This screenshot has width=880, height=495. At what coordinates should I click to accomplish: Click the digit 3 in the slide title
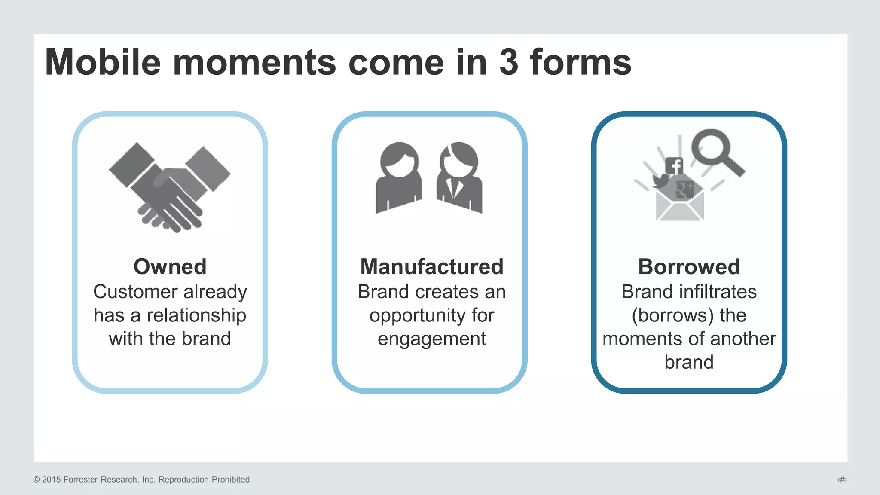pos(509,62)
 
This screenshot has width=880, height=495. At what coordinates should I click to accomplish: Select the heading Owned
pos(170,266)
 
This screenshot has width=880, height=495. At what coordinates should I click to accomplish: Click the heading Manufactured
pos(432,266)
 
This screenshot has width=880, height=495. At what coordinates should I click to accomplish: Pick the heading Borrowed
pos(689,266)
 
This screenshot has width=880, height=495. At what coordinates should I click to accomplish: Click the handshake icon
pos(170,187)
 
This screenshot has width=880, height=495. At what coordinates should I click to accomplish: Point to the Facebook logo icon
pos(674,166)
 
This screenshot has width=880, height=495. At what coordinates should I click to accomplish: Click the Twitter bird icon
pos(660,180)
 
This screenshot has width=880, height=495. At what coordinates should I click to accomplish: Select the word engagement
pos(432,339)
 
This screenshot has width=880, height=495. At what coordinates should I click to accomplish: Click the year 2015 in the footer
pos(51,480)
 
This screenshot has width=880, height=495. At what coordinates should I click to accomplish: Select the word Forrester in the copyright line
pos(80,480)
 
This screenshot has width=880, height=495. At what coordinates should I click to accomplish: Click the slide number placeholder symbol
pos(842,480)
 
